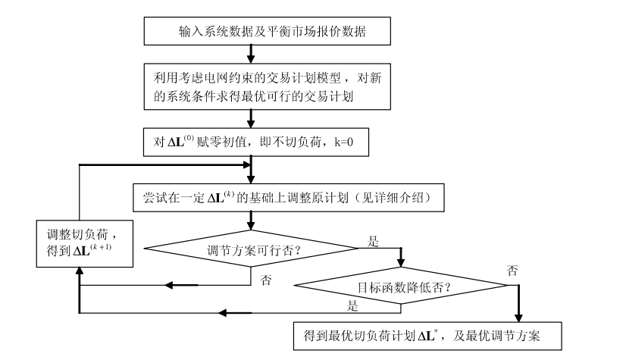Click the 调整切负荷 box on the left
tap(80, 243)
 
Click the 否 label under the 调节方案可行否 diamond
tap(266, 280)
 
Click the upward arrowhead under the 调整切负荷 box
tap(80, 271)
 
